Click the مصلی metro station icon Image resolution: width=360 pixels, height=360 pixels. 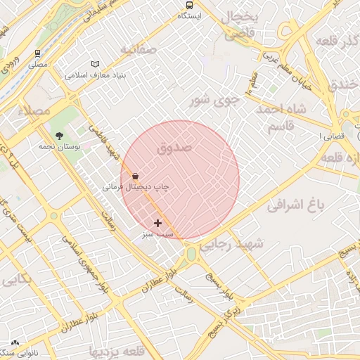37,53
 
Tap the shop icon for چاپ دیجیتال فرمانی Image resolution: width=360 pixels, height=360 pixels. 135,176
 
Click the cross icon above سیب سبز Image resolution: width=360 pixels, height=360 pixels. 157,222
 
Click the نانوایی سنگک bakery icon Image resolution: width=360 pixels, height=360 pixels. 15,343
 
